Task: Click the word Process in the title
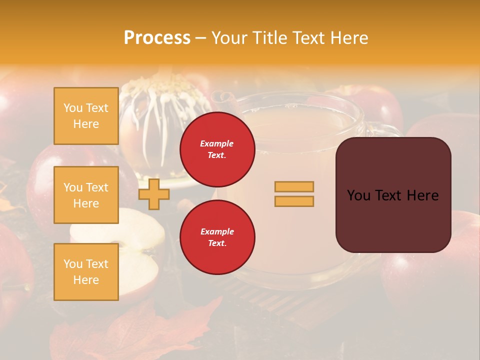click(x=157, y=38)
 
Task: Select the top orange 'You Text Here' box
click(x=86, y=116)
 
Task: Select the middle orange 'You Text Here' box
click(x=86, y=195)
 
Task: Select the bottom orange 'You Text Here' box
click(x=86, y=271)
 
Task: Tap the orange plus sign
click(x=153, y=194)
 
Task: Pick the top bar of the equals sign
click(x=294, y=186)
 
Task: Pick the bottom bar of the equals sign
click(x=294, y=201)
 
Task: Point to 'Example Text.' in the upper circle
click(x=217, y=149)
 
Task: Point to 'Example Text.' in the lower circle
click(x=217, y=237)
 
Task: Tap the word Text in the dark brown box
click(x=393, y=195)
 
